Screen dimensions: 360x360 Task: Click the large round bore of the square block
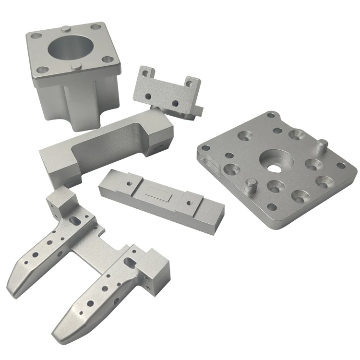[x=70, y=49]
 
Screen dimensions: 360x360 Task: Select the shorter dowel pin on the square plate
[x=250, y=184]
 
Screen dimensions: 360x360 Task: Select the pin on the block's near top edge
[x=77, y=66]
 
